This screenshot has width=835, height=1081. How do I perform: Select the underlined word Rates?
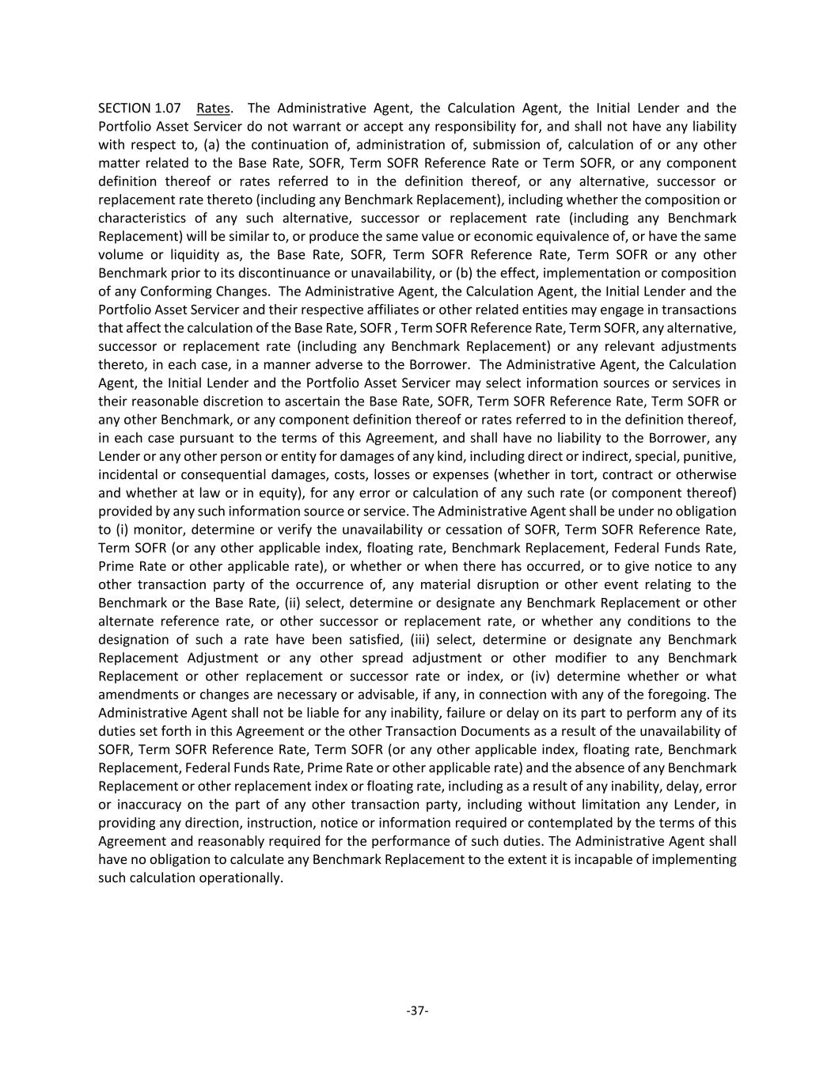point(213,108)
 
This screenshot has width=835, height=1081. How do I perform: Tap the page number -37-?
point(417,1010)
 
